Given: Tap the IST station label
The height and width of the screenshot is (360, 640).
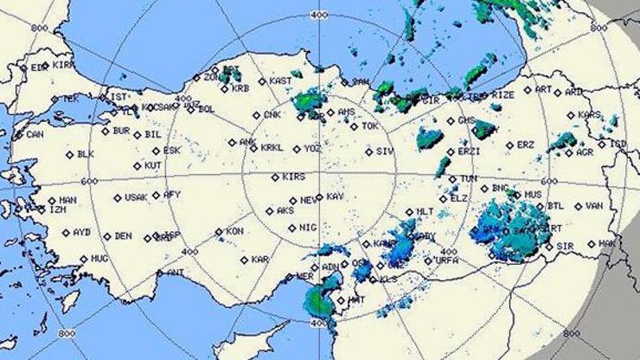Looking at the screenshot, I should [x=118, y=96].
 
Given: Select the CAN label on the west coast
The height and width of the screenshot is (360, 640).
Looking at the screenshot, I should [x=35, y=134].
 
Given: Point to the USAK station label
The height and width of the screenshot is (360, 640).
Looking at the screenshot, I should [x=136, y=197].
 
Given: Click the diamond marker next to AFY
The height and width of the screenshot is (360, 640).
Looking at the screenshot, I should [x=156, y=195].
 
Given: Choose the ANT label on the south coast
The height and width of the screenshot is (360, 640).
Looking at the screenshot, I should [x=175, y=272].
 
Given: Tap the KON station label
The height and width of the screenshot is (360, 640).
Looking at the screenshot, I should [x=234, y=231].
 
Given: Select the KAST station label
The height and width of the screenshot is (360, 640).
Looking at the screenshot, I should [x=280, y=80].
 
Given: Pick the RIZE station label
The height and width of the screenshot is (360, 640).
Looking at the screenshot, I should [x=502, y=93].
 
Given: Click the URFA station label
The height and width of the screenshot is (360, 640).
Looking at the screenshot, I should [x=446, y=260].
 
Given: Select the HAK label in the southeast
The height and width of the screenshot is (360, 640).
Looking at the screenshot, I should [x=609, y=243].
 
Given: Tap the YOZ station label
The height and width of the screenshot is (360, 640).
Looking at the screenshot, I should [x=312, y=148].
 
